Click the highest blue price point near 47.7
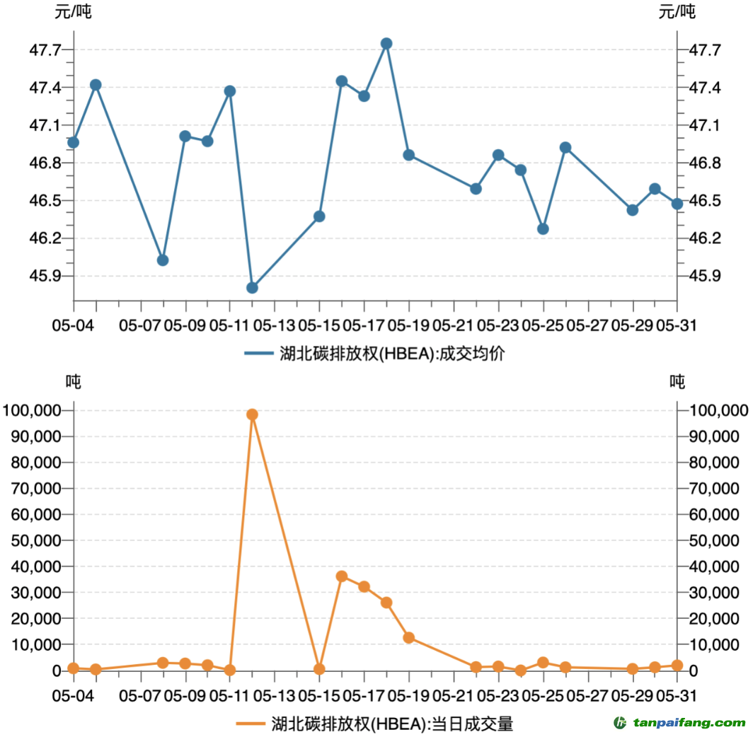click(x=386, y=44)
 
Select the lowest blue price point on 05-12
click(x=252, y=288)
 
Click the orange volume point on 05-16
click(x=342, y=576)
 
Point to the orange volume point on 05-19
click(x=408, y=638)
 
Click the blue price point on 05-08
click(x=163, y=260)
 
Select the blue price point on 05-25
click(x=543, y=229)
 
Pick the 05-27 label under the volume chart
click(x=588, y=695)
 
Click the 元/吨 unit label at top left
click(x=74, y=11)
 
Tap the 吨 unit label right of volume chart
click(x=677, y=382)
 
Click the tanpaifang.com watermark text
click(x=689, y=723)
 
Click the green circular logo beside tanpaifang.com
click(x=620, y=723)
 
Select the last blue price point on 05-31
click(x=677, y=204)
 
